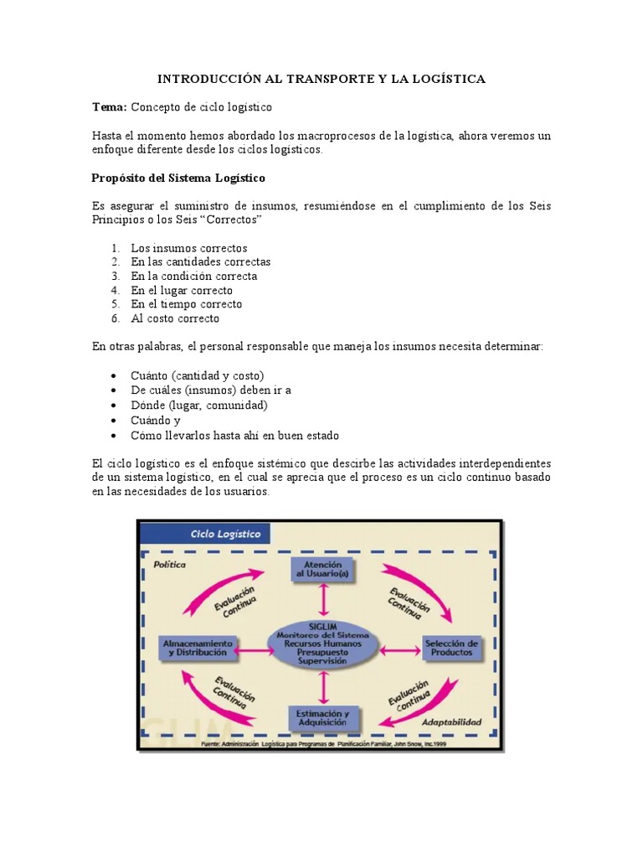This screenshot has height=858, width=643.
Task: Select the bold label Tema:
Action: tap(108, 107)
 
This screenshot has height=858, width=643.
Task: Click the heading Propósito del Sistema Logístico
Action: tap(177, 178)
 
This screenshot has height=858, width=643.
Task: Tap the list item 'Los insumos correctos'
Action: tap(189, 248)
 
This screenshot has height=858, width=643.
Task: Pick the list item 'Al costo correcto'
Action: tap(175, 318)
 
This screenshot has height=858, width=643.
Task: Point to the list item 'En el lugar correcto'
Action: tap(182, 291)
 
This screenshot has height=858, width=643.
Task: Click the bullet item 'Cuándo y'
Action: tap(156, 421)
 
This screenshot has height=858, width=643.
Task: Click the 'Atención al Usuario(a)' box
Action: tap(322, 571)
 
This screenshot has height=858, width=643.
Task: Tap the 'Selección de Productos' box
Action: tap(451, 648)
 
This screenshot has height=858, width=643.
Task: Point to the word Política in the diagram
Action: tap(169, 565)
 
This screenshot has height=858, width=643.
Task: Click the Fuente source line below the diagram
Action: tap(322, 743)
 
